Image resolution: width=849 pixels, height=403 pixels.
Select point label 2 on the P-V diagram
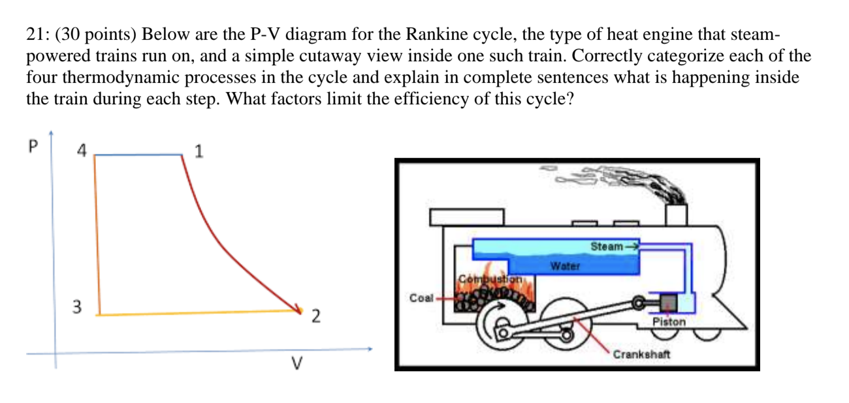pyautogui.click(x=315, y=318)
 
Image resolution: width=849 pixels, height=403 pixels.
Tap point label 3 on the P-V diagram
pyautogui.click(x=77, y=306)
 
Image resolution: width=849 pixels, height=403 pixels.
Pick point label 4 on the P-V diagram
pyautogui.click(x=81, y=151)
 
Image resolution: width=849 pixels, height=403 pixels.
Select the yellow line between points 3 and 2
pyautogui.click(x=196, y=313)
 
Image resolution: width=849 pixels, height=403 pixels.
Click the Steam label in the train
pyautogui.click(x=607, y=246)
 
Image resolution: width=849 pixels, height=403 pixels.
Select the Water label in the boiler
pyautogui.click(x=565, y=266)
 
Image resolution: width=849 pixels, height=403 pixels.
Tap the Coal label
pyautogui.click(x=421, y=298)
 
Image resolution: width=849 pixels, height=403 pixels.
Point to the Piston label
pyautogui.click(x=669, y=321)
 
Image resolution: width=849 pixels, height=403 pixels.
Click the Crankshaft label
pyautogui.click(x=641, y=354)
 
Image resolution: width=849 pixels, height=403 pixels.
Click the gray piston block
pyautogui.click(x=667, y=303)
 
